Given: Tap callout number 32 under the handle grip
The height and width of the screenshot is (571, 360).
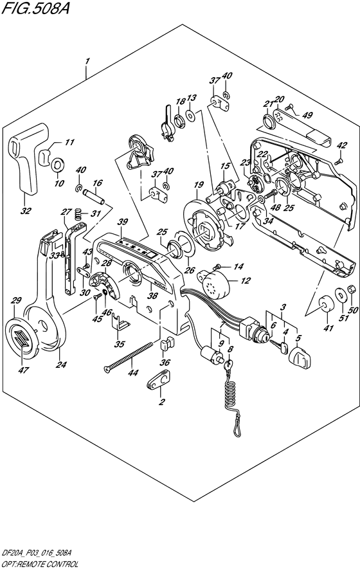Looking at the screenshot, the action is pyautogui.click(x=26, y=211).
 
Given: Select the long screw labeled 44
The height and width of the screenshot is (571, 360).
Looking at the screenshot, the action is pyautogui.click(x=127, y=356).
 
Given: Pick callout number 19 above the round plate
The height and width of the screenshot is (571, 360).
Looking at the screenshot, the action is pyautogui.click(x=199, y=185).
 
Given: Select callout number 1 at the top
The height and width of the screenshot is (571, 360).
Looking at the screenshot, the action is pyautogui.click(x=87, y=62).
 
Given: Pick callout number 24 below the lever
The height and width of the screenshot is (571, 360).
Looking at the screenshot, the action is pyautogui.click(x=61, y=364).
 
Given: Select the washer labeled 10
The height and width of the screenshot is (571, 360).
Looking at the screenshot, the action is pyautogui.click(x=58, y=165).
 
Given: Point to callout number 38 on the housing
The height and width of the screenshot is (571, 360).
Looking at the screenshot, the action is pyautogui.click(x=153, y=295).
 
